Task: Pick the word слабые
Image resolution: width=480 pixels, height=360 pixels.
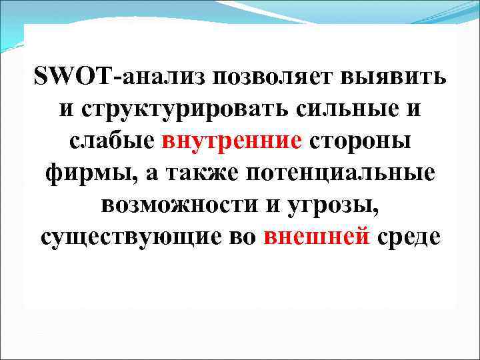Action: click(x=112, y=141)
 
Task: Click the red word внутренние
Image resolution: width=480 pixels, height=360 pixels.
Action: click(x=232, y=141)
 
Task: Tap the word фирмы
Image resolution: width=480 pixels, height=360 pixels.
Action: click(x=83, y=173)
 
